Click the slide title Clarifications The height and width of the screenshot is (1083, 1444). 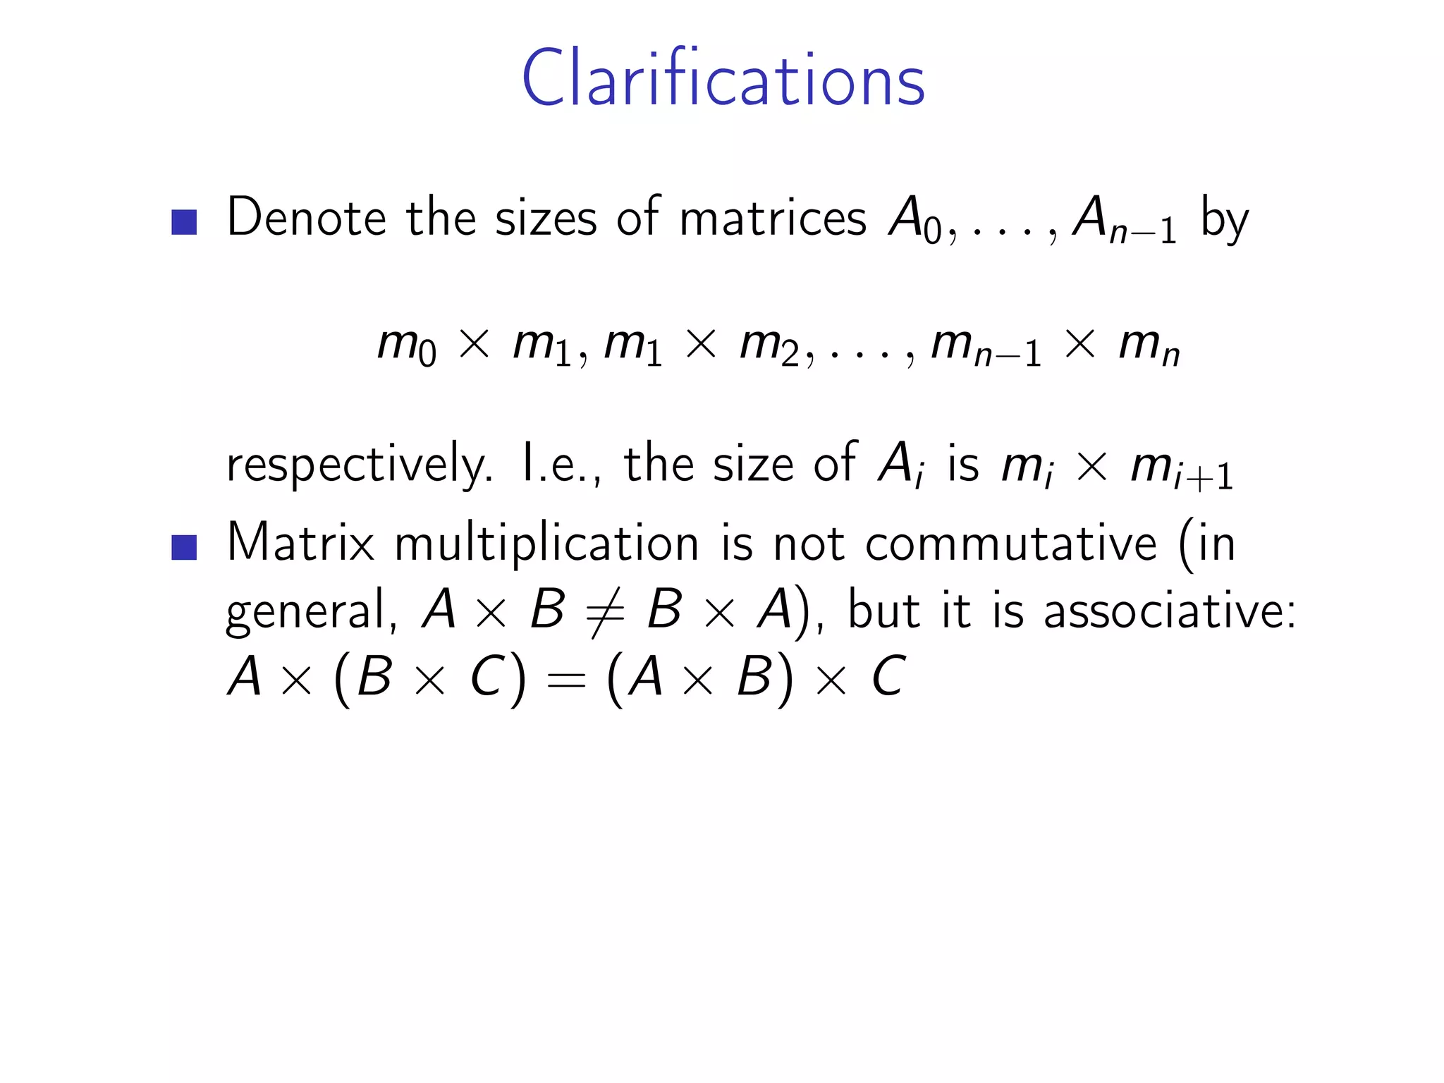tap(723, 79)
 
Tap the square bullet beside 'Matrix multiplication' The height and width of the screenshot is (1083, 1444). tap(184, 547)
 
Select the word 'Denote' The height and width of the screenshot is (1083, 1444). tap(306, 219)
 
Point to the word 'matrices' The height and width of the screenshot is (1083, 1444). tap(772, 219)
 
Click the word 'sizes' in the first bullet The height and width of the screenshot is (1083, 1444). tap(546, 219)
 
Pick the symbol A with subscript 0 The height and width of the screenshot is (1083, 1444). tap(914, 220)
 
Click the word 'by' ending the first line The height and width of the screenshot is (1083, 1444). tap(1225, 220)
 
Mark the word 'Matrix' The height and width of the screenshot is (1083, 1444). tap(300, 544)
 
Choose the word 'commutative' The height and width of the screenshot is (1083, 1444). tap(1011, 544)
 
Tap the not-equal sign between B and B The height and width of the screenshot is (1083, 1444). tap(605, 611)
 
